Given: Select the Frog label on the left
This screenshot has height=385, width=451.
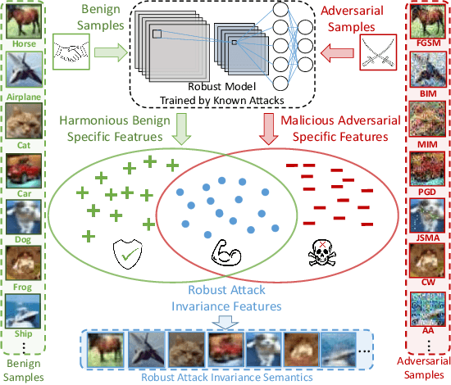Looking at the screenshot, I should [x=21, y=288].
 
